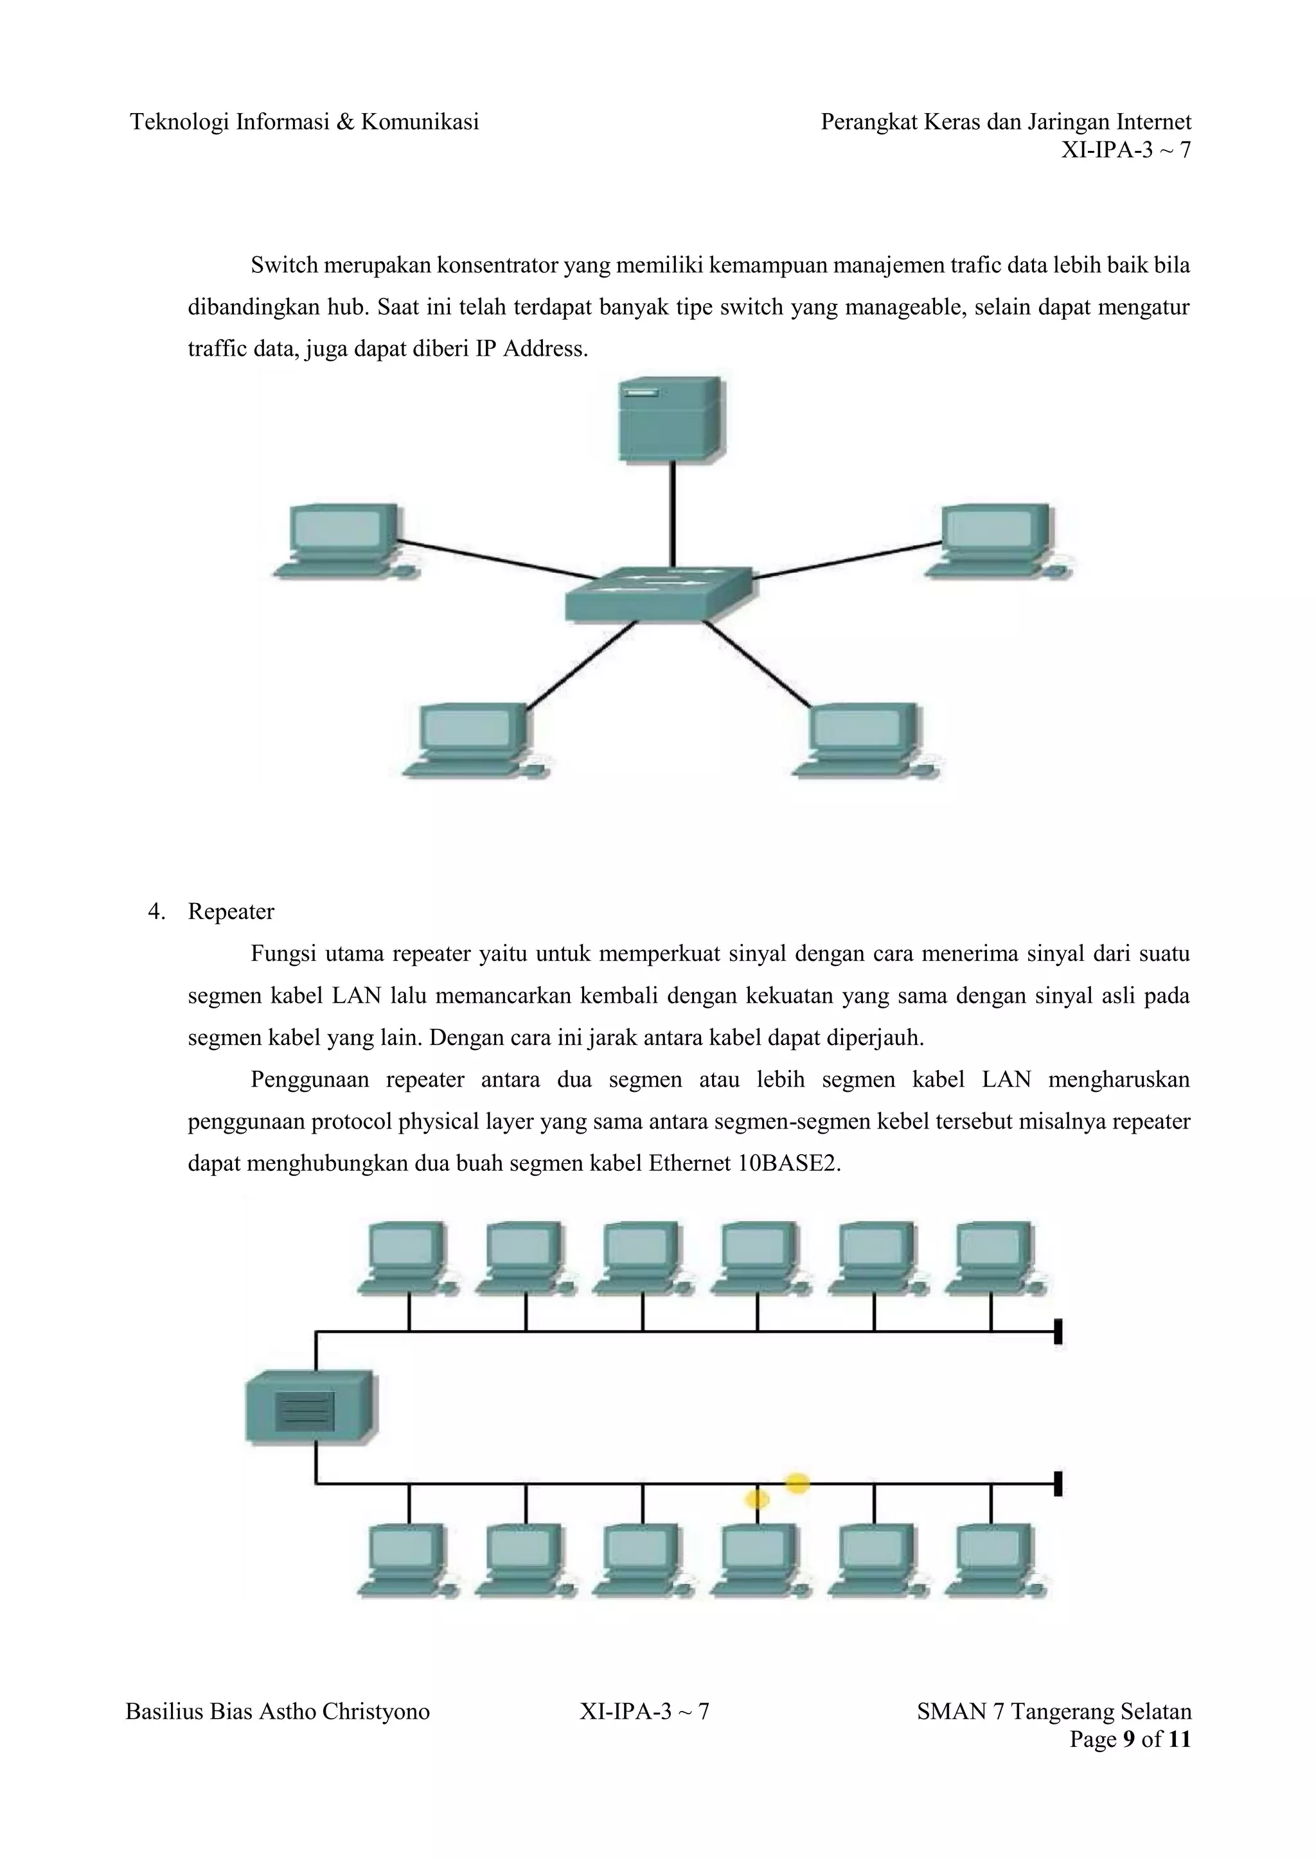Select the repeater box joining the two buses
pos(310,1407)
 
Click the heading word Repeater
pos(231,911)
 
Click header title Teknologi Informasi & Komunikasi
pos(305,121)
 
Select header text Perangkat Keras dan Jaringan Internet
pos(1006,121)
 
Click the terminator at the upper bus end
pos(1058,1331)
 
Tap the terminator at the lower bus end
pos(1058,1483)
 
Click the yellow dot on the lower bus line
pos(797,1483)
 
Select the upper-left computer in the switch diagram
pos(344,539)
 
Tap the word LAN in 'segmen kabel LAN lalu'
pos(357,996)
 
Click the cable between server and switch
pos(671,514)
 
